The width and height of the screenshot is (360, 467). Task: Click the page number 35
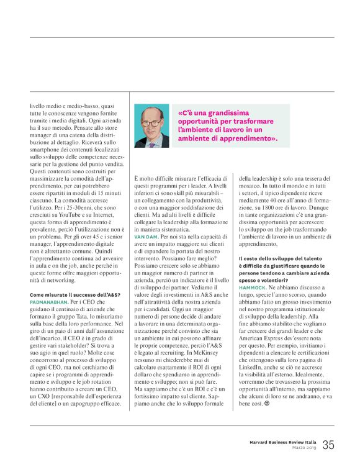pyautogui.click(x=328, y=445)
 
